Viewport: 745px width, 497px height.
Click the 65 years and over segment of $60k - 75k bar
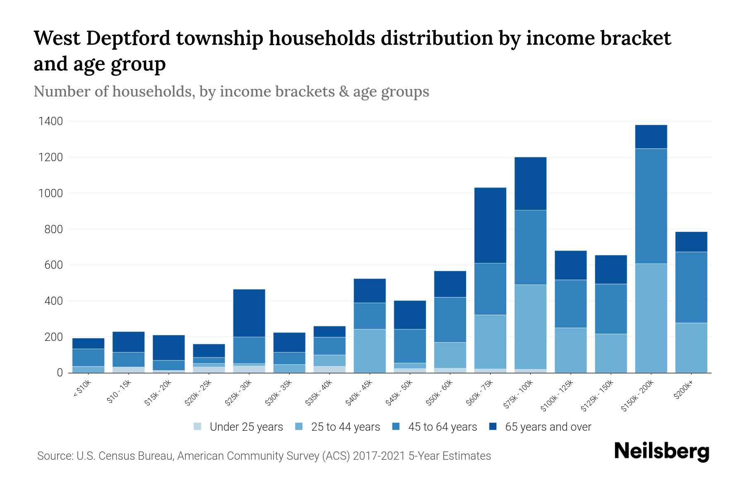[490, 225]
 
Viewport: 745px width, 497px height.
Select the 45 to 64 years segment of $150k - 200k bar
[651, 206]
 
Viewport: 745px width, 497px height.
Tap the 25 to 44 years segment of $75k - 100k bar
[530, 327]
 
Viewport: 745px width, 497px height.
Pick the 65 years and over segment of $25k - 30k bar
[249, 313]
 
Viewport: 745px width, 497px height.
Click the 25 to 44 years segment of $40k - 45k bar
[370, 351]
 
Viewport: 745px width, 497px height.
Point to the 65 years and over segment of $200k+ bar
[691, 242]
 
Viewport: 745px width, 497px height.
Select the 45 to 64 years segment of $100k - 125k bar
[571, 304]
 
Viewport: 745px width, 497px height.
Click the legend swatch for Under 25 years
[198, 427]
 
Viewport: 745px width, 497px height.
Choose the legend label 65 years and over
[548, 427]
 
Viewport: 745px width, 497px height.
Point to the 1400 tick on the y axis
[50, 121]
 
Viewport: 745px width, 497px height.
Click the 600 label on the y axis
[54, 265]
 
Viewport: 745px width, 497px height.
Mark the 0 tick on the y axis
[60, 373]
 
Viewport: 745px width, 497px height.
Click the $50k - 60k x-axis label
[440, 393]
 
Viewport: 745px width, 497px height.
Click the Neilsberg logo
[662, 451]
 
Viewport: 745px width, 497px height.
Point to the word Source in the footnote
[54, 456]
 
